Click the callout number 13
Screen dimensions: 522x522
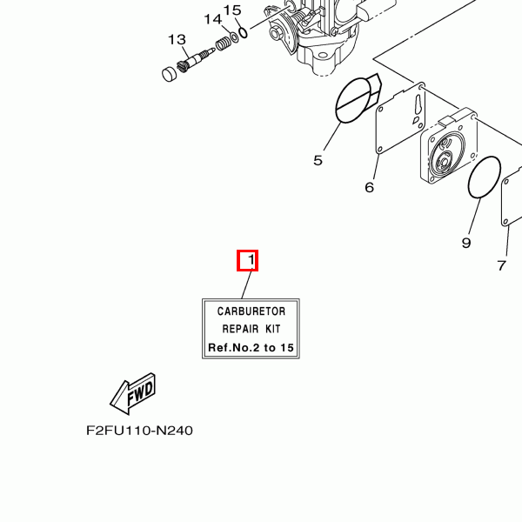point(177,40)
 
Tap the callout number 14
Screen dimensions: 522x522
point(212,19)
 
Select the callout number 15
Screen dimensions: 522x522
point(232,10)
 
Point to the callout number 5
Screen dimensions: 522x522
point(318,160)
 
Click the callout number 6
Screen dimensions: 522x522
point(370,187)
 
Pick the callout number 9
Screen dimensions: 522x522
point(466,243)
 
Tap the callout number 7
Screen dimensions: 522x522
point(502,265)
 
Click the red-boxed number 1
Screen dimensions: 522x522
point(251,259)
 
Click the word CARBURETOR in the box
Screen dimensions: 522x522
point(251,311)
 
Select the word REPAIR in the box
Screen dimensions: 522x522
point(240,329)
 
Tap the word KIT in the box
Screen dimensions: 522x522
point(273,329)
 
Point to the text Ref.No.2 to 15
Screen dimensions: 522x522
point(251,347)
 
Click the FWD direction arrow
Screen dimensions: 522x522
point(133,394)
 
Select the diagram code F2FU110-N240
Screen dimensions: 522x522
point(139,431)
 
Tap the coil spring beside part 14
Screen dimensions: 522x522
point(223,43)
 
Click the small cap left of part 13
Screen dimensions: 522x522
point(170,74)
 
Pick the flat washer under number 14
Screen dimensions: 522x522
point(234,37)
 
